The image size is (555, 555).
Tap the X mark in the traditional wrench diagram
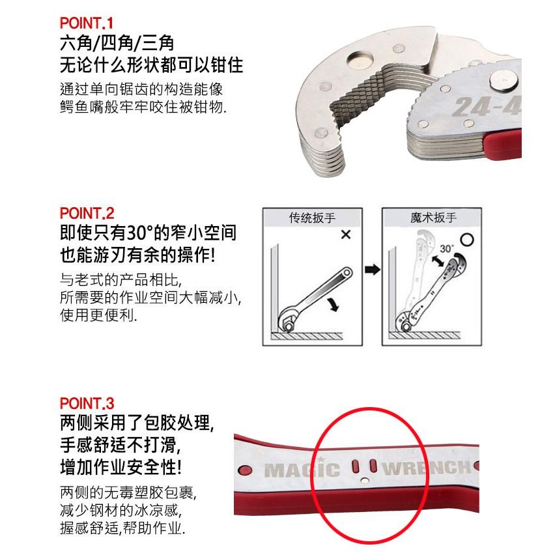(345, 235)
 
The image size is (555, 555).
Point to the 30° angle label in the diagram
(446, 249)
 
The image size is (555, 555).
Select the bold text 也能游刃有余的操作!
(138, 255)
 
